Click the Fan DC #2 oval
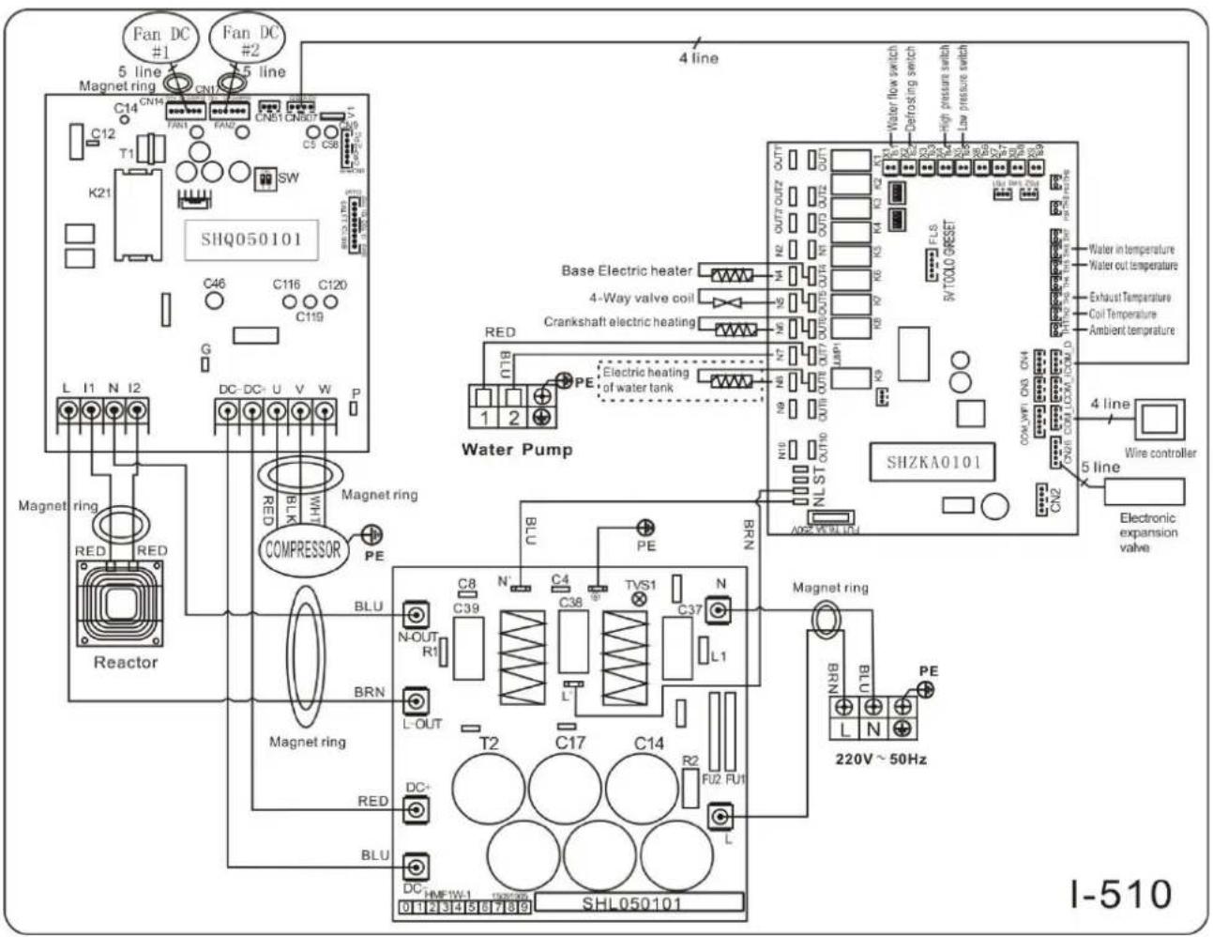pos(250,41)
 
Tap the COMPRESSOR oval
pos(302,549)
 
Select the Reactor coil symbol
pos(119,605)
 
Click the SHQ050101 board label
pos(251,239)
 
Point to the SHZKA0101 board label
pos(933,462)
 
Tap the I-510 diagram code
pos(1120,892)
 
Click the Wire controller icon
pos(1160,420)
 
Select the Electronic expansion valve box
pos(1144,491)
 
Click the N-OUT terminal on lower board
pos(417,615)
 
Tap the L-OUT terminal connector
pos(417,701)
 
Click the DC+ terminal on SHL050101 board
pos(417,809)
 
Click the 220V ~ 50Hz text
pos(881,759)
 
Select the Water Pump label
pos(516,449)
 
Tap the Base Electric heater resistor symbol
pos(731,275)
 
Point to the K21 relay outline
pos(137,214)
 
